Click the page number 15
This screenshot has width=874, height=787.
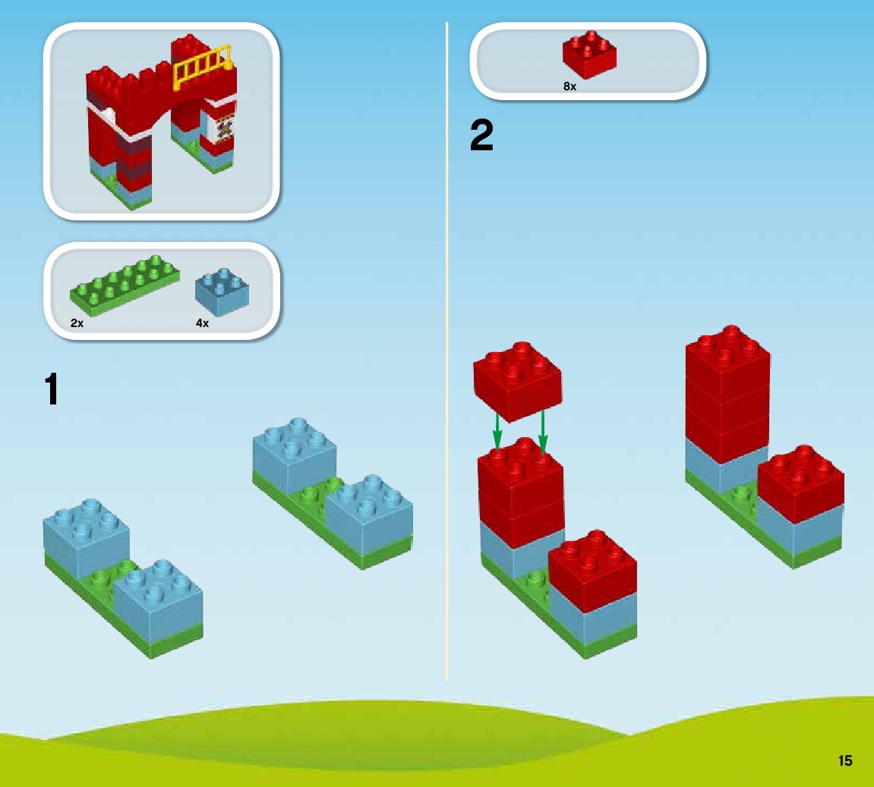pyautogui.click(x=845, y=760)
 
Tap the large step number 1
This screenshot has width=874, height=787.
pyautogui.click(x=51, y=390)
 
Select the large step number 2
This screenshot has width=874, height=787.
pyautogui.click(x=481, y=137)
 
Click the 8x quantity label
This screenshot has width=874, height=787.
pyautogui.click(x=570, y=87)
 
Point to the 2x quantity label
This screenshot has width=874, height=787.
pyautogui.click(x=77, y=323)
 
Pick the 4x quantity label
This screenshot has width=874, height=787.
pyautogui.click(x=202, y=323)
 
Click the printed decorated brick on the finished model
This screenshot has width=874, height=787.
pyautogui.click(x=223, y=128)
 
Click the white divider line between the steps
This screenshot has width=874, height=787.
pyautogui.click(x=447, y=342)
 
